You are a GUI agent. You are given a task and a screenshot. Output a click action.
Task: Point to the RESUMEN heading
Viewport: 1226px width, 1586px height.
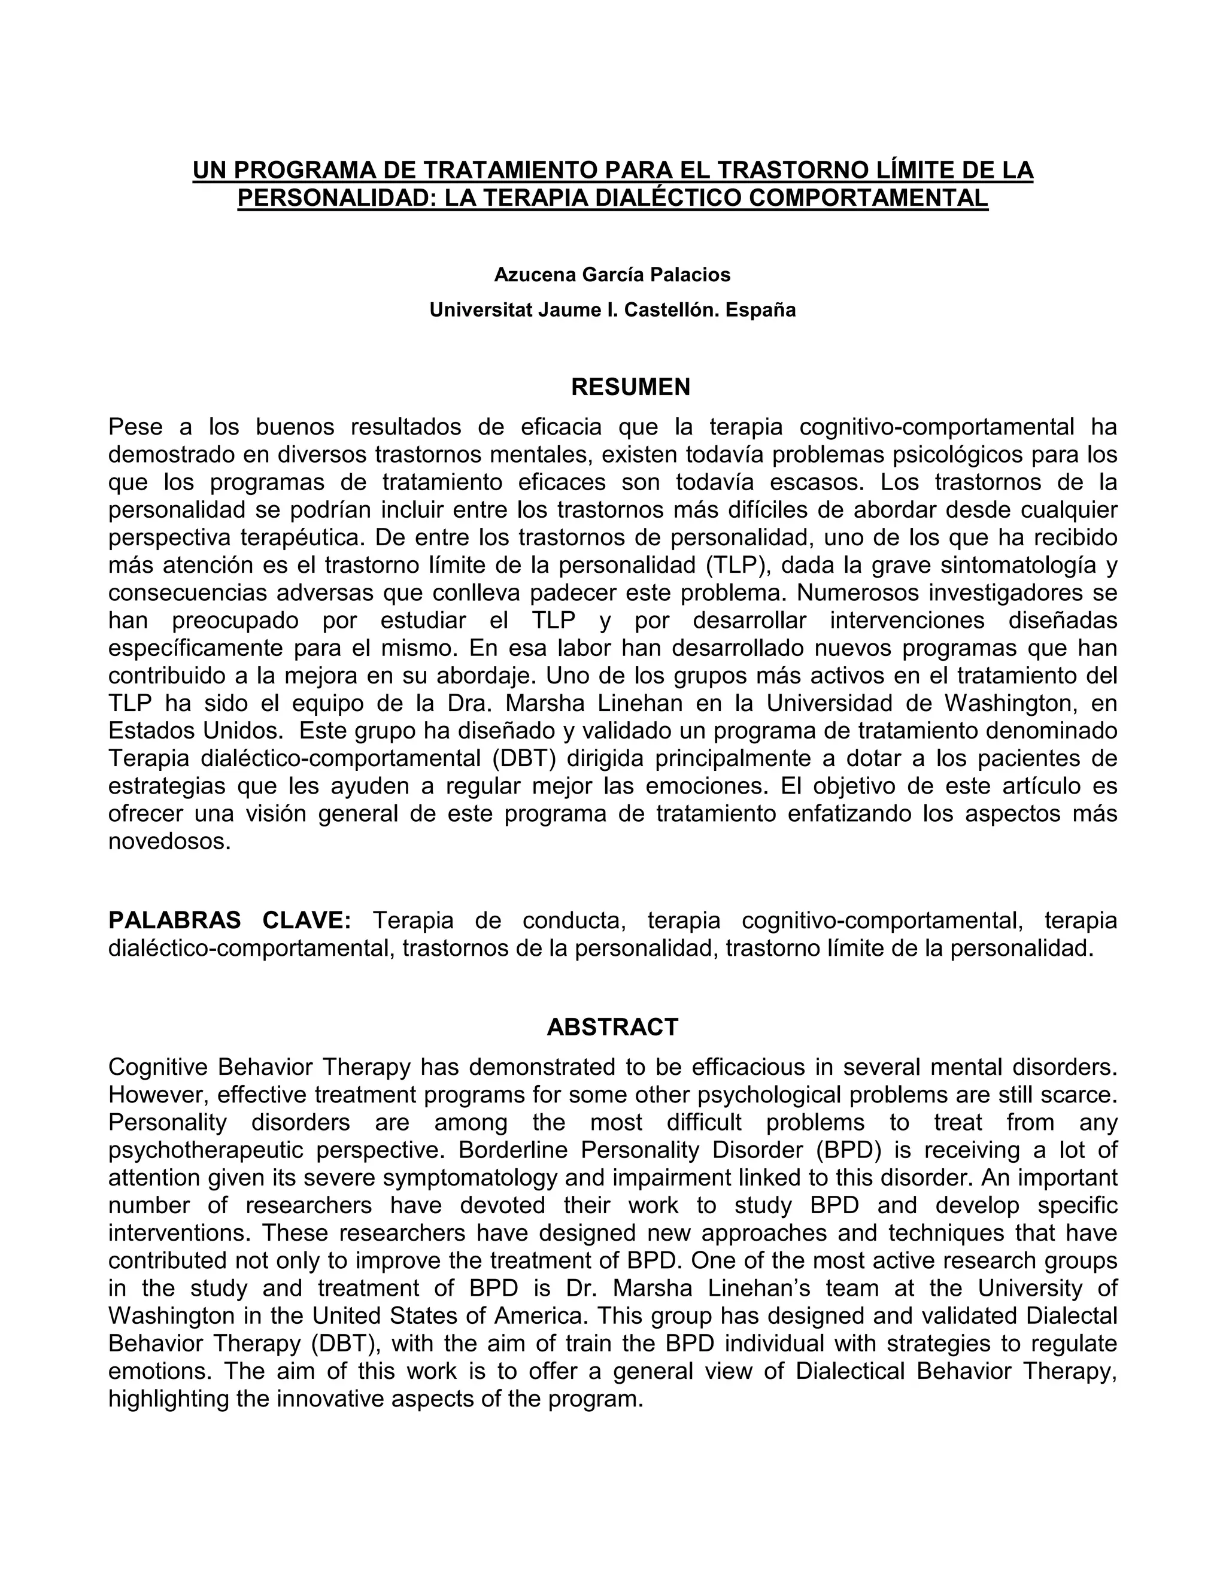[630, 387]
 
